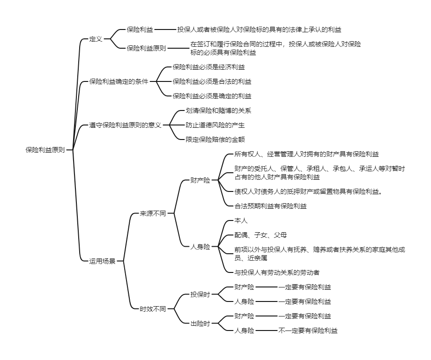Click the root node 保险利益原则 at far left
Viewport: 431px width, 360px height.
[x=45, y=150]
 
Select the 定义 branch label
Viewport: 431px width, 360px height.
[x=96, y=39]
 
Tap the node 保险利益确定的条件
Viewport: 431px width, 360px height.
[x=119, y=81]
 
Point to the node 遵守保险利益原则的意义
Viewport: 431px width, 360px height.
[x=125, y=125]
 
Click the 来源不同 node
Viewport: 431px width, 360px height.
[x=153, y=213]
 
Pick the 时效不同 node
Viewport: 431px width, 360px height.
[x=153, y=309]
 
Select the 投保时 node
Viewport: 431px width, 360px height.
[x=200, y=294]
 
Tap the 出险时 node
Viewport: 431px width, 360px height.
[x=200, y=323]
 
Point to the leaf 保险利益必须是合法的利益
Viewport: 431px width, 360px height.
[x=212, y=81]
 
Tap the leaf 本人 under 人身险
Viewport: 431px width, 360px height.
[x=241, y=220]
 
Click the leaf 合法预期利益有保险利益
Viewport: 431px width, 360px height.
[x=271, y=205]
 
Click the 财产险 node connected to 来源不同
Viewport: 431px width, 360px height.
[x=200, y=180]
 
